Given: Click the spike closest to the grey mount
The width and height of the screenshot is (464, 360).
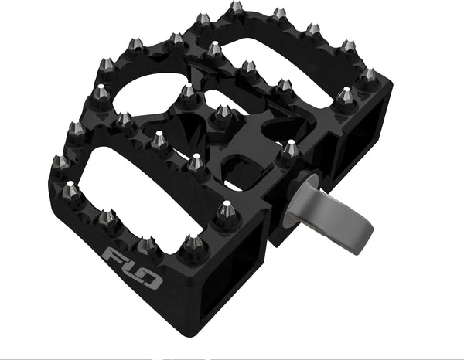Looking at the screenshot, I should (x=290, y=149).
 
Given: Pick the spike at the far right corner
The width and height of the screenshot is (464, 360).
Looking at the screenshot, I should (x=370, y=76).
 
